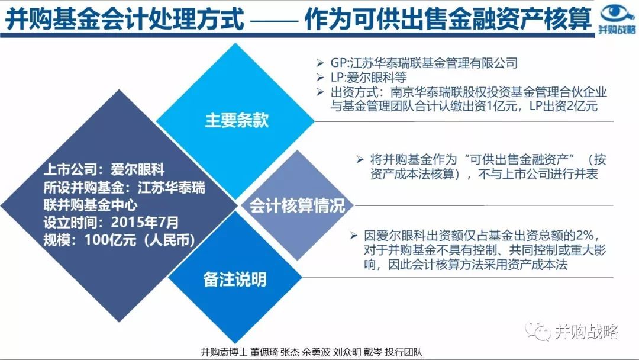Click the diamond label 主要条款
tap(237, 121)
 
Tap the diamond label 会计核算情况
tap(297, 206)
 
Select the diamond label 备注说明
tap(235, 279)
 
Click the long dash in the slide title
tap(274, 21)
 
